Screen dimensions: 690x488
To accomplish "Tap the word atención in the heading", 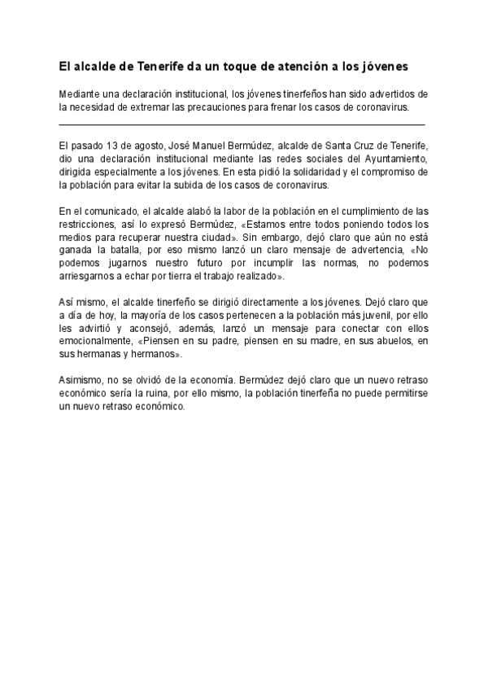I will coord(298,64).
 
